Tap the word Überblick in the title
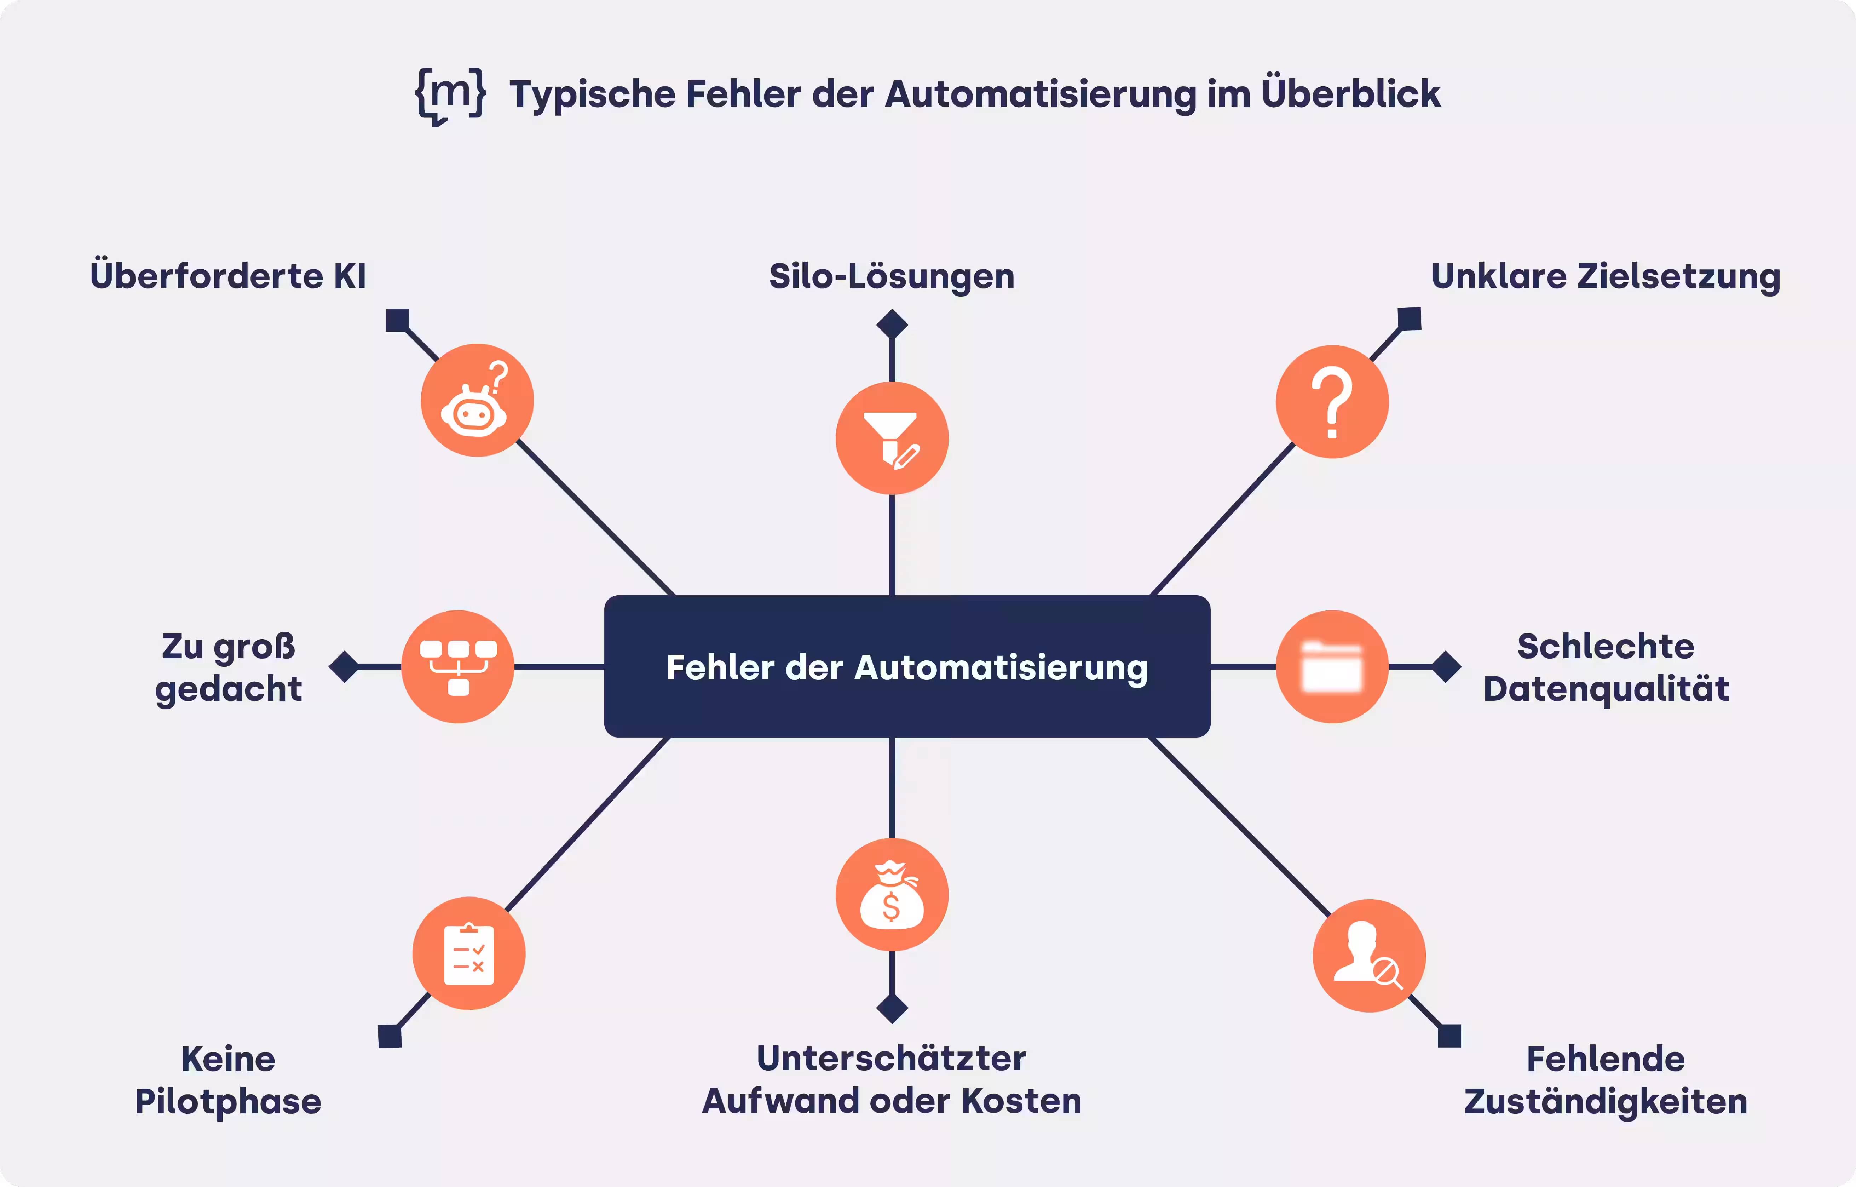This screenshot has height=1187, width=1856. [x=1350, y=94]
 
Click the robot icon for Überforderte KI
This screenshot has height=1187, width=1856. [x=476, y=401]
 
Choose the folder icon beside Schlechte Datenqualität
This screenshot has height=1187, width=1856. [x=1332, y=667]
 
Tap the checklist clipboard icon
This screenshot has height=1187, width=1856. [x=469, y=953]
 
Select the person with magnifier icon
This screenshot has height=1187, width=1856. [x=1369, y=956]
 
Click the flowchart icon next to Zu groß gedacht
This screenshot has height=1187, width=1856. [x=458, y=667]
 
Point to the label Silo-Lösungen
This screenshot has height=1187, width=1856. [x=892, y=276]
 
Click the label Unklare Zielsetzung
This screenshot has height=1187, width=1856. [x=1606, y=276]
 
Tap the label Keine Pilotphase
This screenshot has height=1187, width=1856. [x=228, y=1080]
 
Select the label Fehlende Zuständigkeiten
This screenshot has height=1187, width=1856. [x=1606, y=1080]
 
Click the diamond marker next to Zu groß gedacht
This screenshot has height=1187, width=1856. [x=344, y=667]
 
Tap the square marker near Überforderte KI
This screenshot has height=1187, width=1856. [x=397, y=320]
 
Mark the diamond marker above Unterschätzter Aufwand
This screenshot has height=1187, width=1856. [x=892, y=1008]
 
